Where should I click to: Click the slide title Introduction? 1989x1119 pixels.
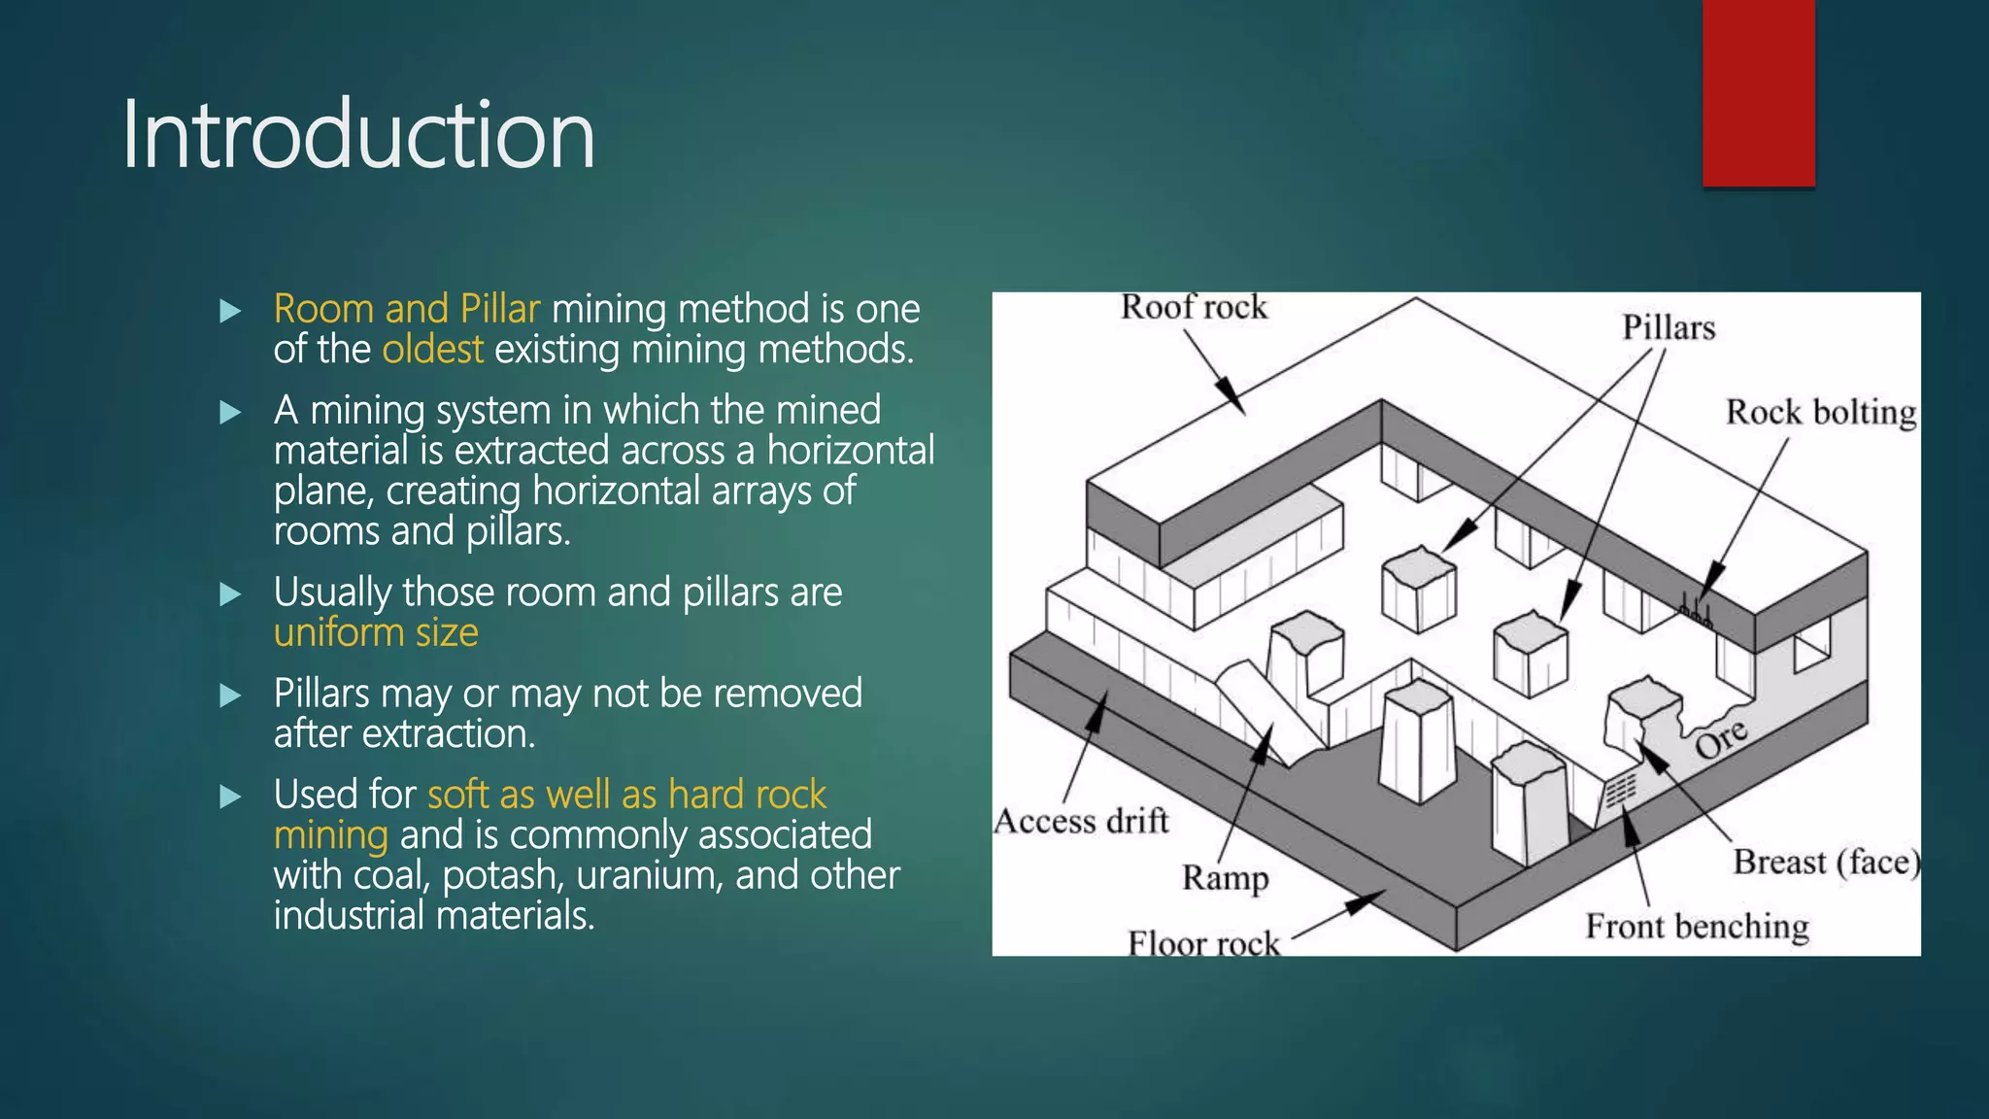click(357, 136)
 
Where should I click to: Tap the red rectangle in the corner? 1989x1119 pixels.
click(1758, 92)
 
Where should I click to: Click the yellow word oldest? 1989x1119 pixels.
click(432, 350)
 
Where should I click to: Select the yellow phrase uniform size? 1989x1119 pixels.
click(376, 633)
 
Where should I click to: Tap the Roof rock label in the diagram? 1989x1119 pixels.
click(1194, 308)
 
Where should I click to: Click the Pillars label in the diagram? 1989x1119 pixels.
click(1669, 328)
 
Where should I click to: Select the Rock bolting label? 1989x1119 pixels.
click(1821, 413)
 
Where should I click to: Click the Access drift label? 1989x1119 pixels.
click(1081, 822)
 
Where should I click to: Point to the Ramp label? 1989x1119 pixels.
click(1225, 878)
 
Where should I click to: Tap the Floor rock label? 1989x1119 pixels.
click(1203, 943)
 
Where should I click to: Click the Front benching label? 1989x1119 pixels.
click(1697, 927)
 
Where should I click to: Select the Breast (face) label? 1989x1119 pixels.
click(1826, 863)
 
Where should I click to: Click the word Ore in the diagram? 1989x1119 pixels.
click(1721, 740)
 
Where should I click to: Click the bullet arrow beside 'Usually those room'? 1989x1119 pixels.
click(230, 594)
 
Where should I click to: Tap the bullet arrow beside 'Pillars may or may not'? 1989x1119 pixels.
click(230, 695)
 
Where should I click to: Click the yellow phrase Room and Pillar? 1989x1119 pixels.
click(406, 309)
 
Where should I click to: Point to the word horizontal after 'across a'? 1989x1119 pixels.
click(851, 451)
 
